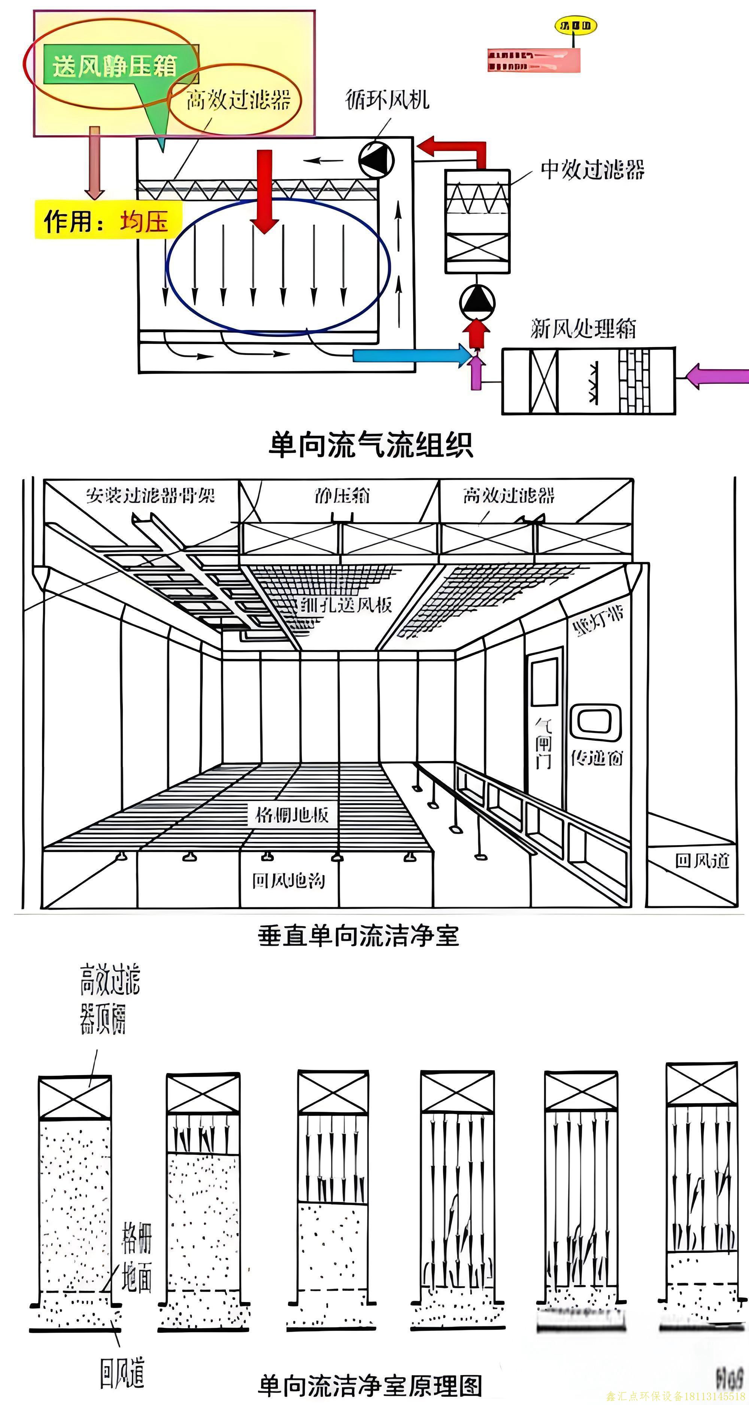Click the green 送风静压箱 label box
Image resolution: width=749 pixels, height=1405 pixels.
(x=115, y=66)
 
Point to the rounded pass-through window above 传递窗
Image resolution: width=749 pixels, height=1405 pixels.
(x=596, y=722)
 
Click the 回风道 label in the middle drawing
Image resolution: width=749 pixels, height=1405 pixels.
(x=702, y=861)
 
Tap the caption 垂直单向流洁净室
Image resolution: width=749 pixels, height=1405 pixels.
(x=358, y=936)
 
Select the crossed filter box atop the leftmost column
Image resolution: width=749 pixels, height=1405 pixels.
(x=75, y=1098)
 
